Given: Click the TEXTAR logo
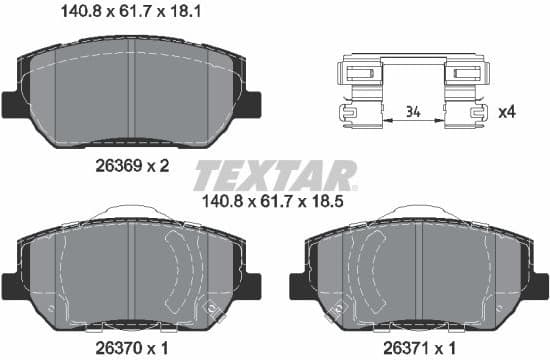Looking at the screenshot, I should click(275, 176).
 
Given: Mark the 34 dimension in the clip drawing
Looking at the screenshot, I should click(413, 112).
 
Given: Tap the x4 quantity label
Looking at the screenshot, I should click(506, 112).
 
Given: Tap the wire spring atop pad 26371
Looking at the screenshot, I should click(419, 211).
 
